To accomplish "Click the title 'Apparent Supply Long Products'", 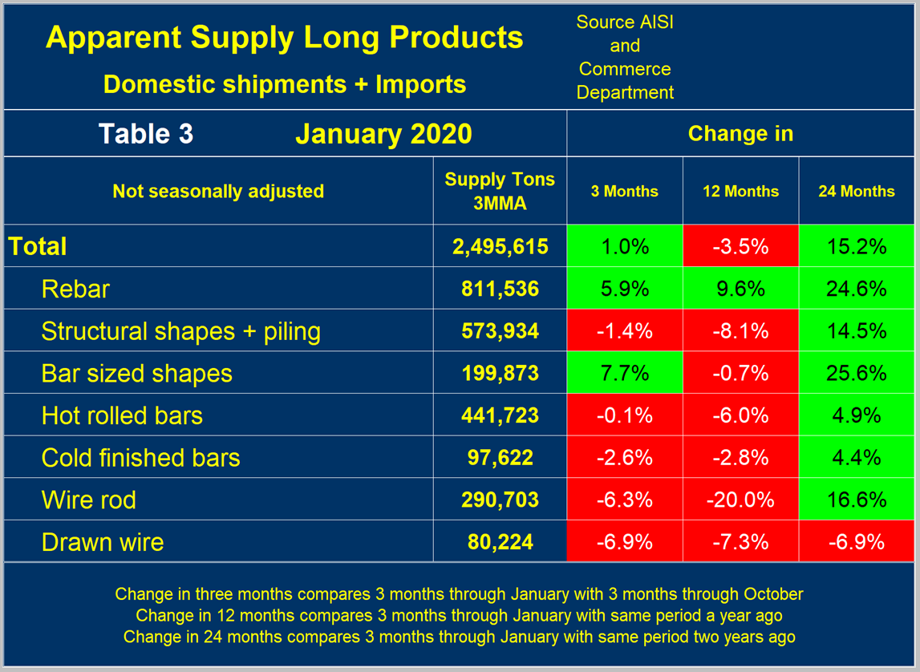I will tap(285, 38).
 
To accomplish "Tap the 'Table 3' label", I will tap(146, 133).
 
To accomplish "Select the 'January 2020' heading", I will tap(383, 133).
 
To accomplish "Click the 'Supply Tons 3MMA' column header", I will tap(500, 191).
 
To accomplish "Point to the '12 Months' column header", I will tap(740, 191).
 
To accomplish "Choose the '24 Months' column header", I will tap(857, 191).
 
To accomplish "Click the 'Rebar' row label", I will tap(75, 289).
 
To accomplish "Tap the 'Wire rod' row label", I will tap(89, 500).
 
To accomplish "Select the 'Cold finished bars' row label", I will tap(140, 458).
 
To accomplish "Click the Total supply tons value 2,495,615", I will tap(500, 246).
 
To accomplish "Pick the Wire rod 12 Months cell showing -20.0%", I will tap(740, 500).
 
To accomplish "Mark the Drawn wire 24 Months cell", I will tap(857, 541).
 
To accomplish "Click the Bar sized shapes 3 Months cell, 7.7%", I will tap(625, 373).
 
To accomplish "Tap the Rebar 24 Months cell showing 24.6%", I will tap(857, 289).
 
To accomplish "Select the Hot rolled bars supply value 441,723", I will tap(500, 415).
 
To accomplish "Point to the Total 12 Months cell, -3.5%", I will tap(740, 246).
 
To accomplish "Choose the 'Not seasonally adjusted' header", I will tap(218, 191).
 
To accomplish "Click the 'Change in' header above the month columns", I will tap(740, 133).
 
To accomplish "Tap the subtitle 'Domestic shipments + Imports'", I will tap(285, 83).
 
